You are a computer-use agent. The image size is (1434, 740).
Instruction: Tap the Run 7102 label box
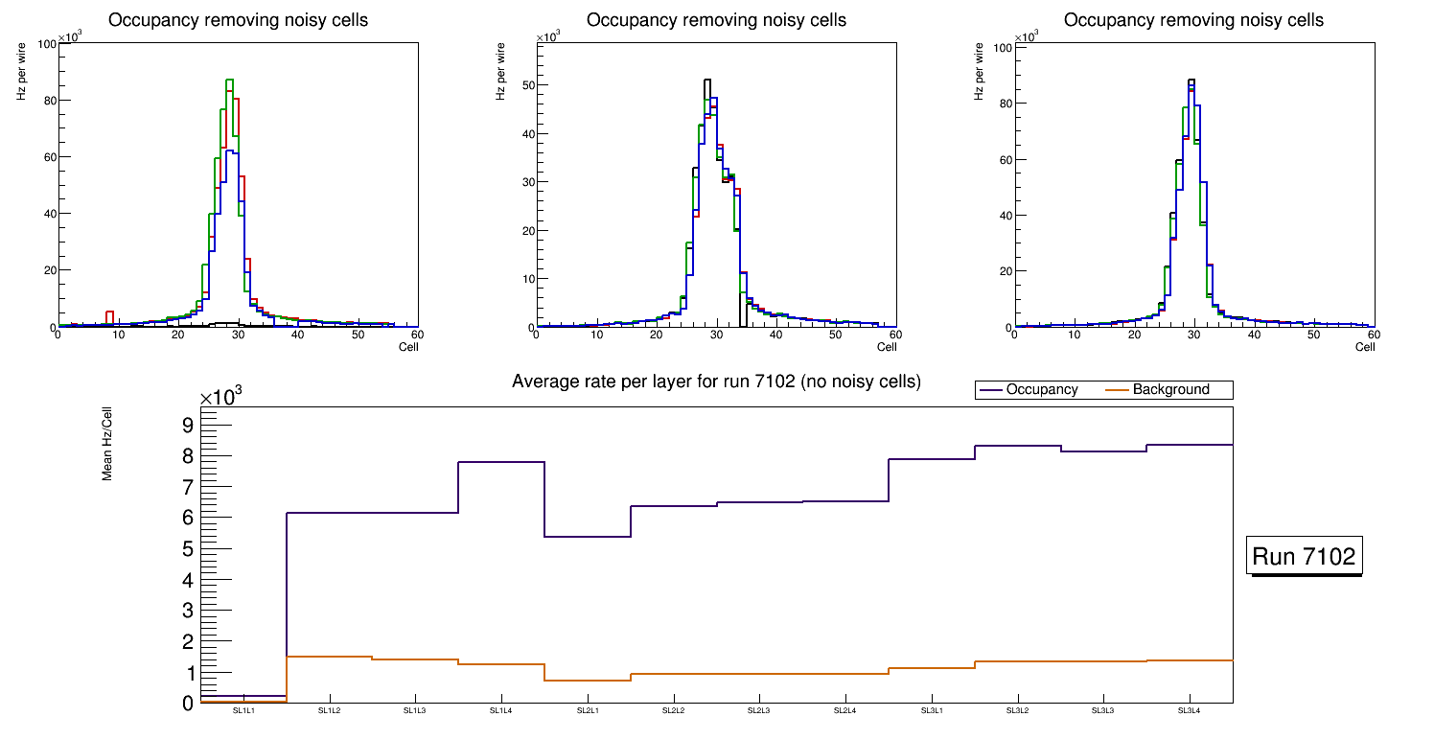pyautogui.click(x=1305, y=556)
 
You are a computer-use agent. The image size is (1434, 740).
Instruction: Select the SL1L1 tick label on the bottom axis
pyautogui.click(x=243, y=710)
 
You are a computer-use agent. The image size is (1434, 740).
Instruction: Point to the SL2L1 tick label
pyautogui.click(x=588, y=710)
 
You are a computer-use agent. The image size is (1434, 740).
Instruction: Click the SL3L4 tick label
pyautogui.click(x=1190, y=710)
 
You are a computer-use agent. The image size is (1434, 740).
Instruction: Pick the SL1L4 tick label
pyautogui.click(x=501, y=710)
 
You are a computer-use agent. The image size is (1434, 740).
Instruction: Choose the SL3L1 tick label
pyautogui.click(x=932, y=710)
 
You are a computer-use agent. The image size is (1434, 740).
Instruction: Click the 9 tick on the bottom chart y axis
pyautogui.click(x=187, y=425)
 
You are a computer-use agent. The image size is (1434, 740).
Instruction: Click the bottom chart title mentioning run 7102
pyautogui.click(x=716, y=382)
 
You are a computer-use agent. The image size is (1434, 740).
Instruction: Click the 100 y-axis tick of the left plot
pyautogui.click(x=44, y=44)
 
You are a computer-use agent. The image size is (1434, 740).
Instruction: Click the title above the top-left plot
pyautogui.click(x=238, y=20)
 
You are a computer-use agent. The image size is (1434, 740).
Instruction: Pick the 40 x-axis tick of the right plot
pyautogui.click(x=1254, y=335)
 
